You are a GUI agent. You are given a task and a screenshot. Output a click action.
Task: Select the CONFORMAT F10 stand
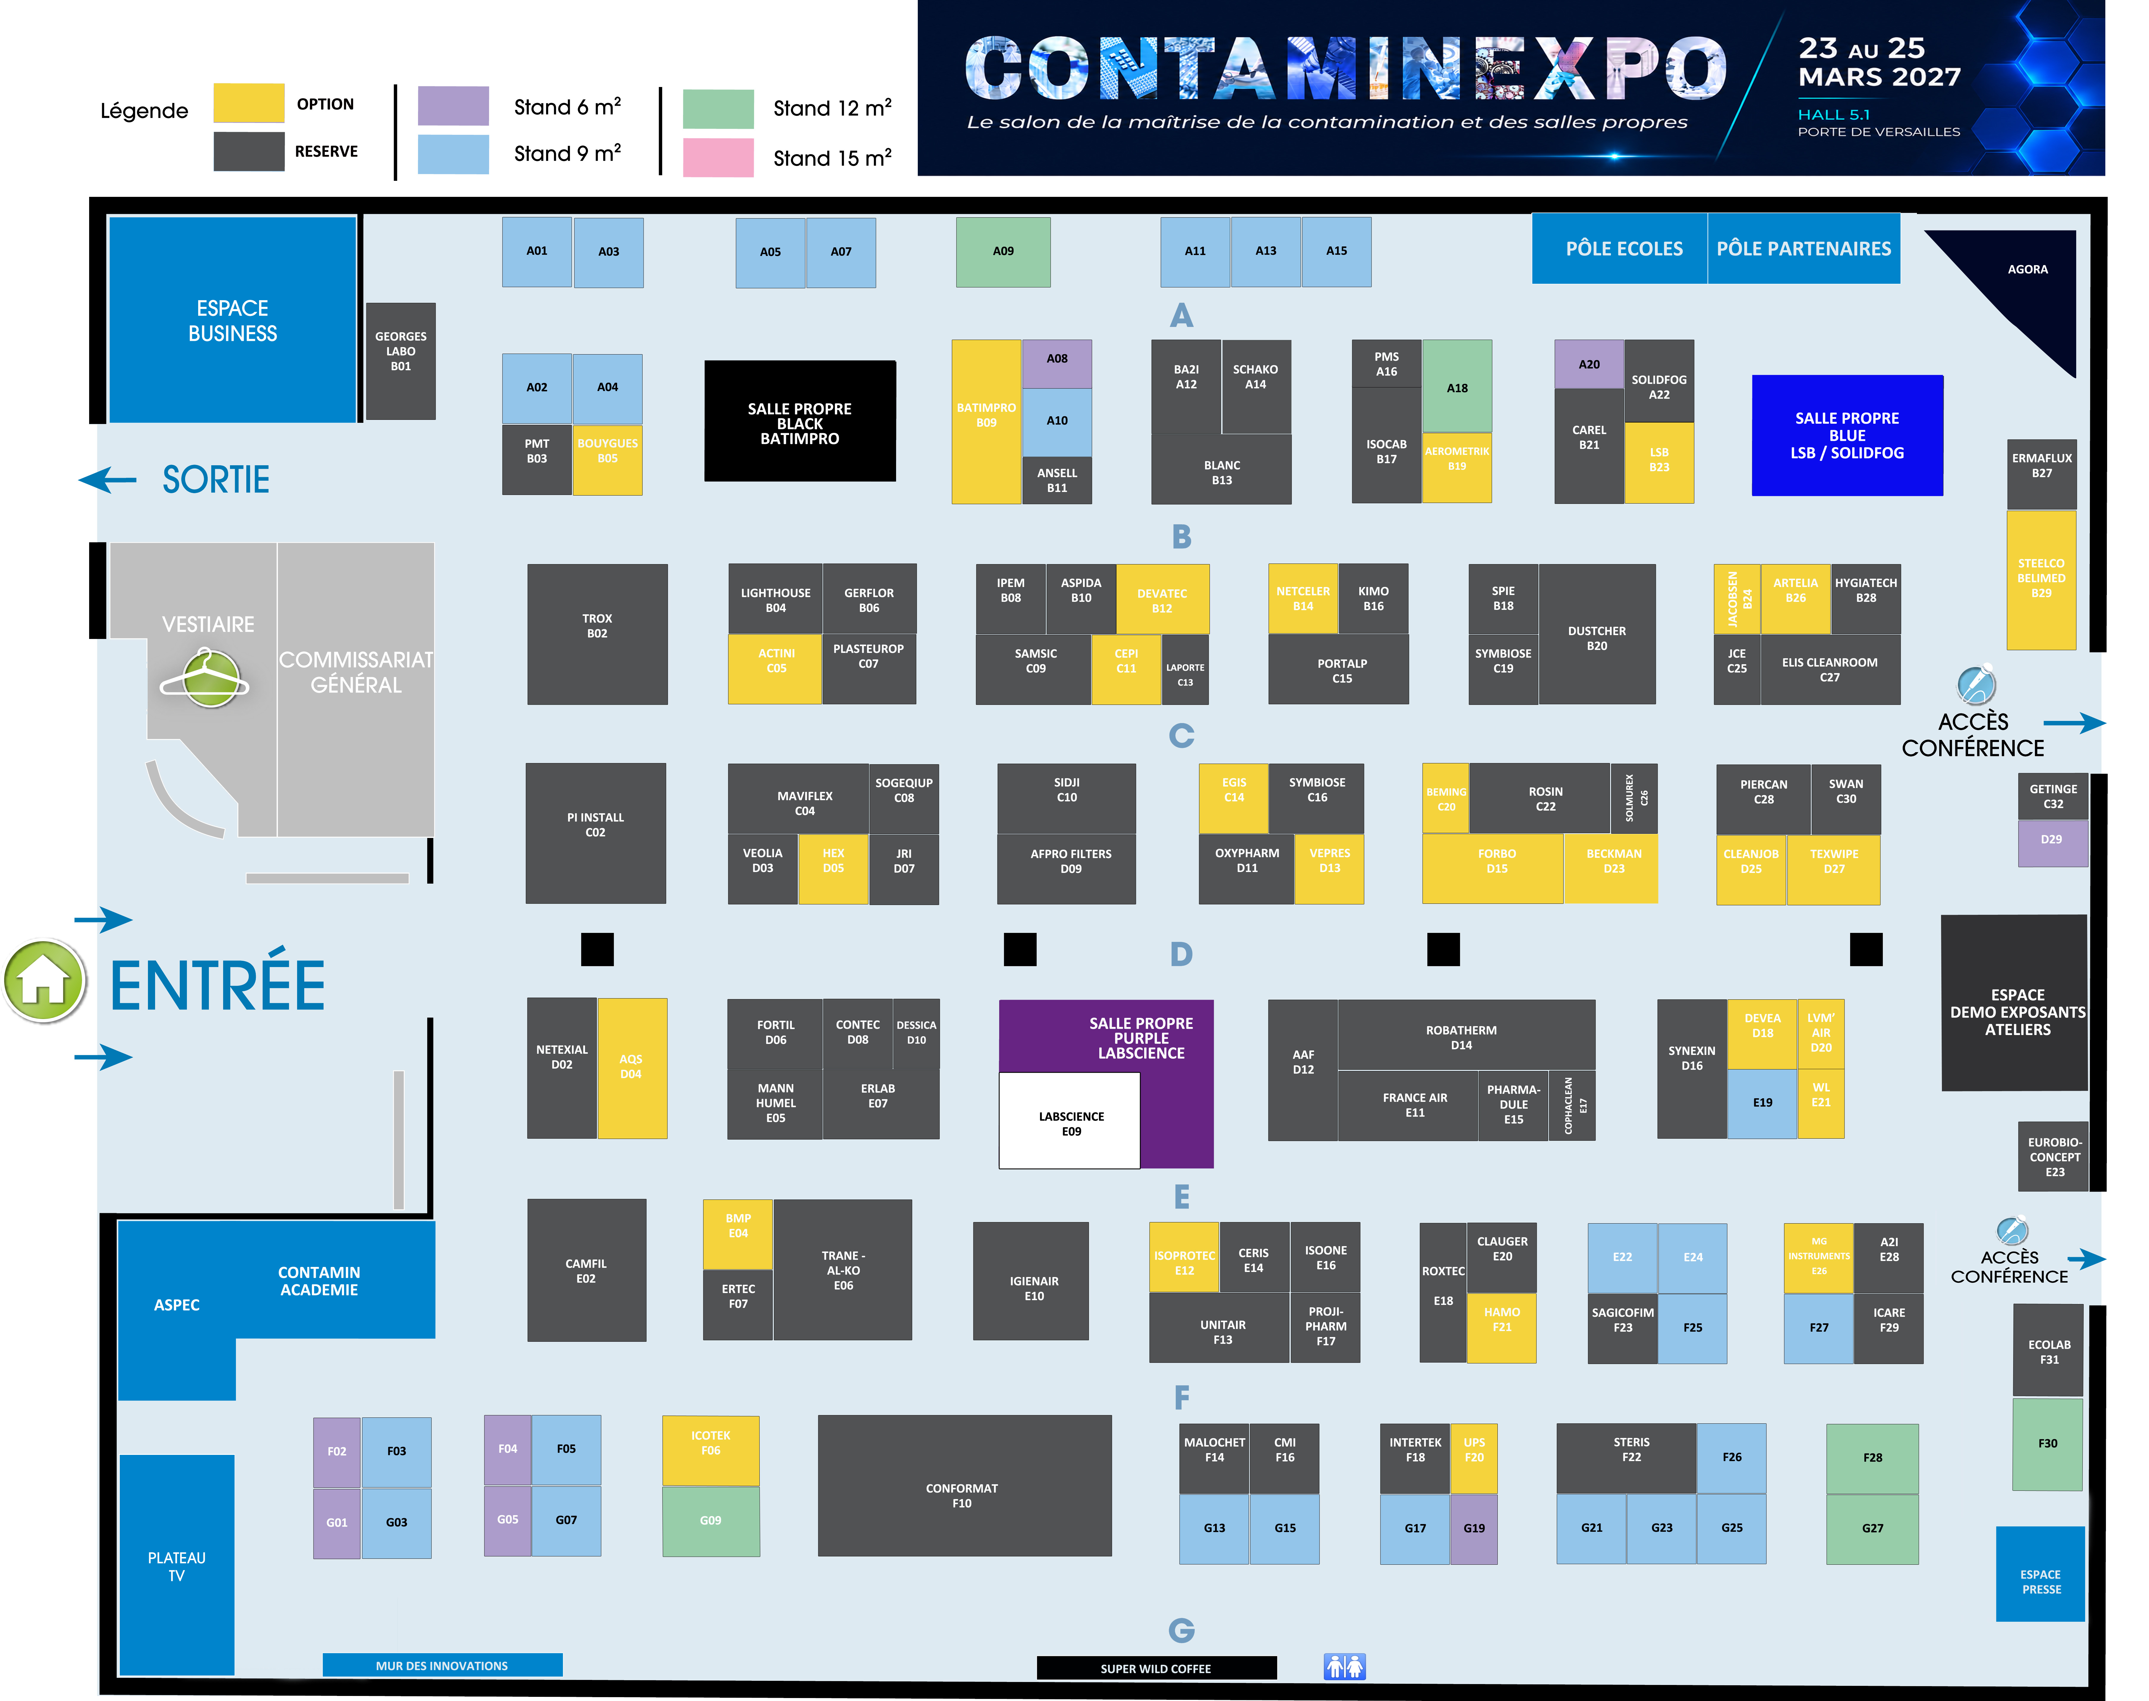tap(964, 1485)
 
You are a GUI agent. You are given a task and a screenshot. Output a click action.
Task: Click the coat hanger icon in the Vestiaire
tap(205, 678)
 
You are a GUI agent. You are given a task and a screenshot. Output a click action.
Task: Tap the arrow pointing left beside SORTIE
tap(108, 480)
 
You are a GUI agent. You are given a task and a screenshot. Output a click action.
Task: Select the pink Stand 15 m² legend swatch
tap(717, 157)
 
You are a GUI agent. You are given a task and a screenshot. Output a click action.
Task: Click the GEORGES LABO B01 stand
tap(401, 360)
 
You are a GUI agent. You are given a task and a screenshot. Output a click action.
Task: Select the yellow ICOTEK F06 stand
tap(710, 1450)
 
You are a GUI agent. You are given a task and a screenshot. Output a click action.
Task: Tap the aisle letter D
tap(1181, 954)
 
